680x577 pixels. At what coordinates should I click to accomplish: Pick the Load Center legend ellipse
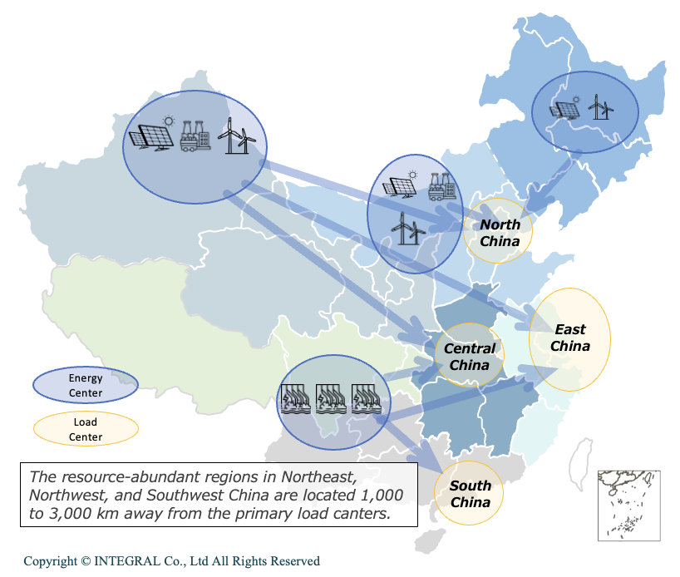[85, 429]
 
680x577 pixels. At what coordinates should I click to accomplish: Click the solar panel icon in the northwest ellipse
[150, 136]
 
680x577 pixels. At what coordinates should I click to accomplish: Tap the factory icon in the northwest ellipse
[195, 136]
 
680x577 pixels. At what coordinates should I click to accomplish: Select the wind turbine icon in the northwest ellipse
[236, 135]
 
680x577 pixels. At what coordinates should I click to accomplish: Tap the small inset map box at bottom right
[628, 505]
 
